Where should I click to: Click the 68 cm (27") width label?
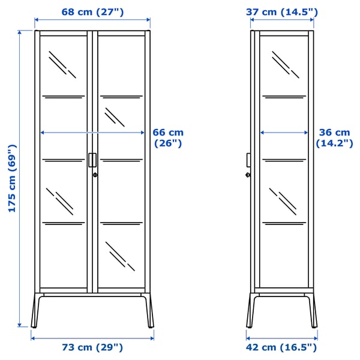[x=92, y=12]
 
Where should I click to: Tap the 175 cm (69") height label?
[x=10, y=178]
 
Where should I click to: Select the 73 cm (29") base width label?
[x=92, y=347]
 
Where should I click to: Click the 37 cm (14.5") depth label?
[x=282, y=12]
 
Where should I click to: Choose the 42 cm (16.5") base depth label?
[x=281, y=347]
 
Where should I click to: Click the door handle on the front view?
[x=91, y=160]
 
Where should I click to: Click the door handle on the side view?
[x=248, y=160]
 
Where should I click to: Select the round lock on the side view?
[x=248, y=175]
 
